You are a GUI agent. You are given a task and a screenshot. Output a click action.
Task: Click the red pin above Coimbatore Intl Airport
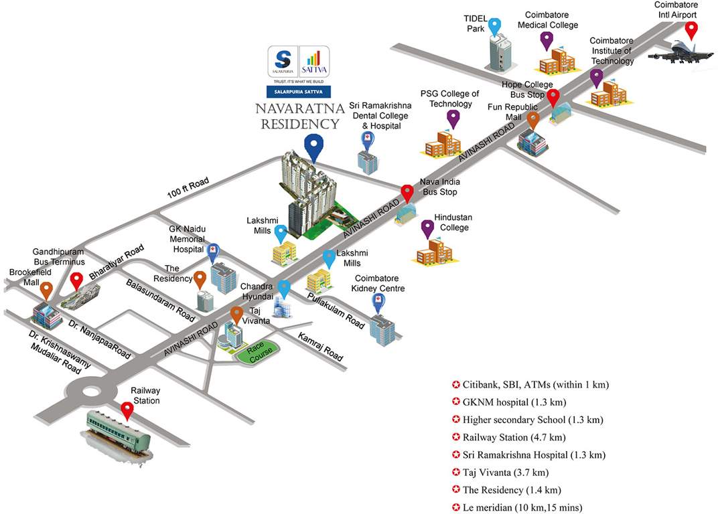691,30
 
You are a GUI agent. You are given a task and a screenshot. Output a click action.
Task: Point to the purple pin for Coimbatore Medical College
547,39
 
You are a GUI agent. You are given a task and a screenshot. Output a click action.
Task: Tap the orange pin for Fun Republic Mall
533,120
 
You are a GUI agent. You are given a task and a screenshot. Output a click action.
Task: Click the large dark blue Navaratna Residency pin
313,146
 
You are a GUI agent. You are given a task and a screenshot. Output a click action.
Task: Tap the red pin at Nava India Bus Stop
407,193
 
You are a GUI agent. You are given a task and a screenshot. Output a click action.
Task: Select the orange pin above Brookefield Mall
46,290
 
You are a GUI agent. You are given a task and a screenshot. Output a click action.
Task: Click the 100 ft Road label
188,188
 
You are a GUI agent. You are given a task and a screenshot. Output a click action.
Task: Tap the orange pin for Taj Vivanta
236,314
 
